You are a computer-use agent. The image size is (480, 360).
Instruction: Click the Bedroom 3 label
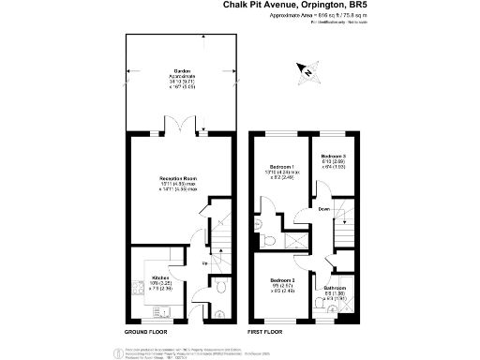point(334,157)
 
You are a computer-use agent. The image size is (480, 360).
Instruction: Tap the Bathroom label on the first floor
point(336,287)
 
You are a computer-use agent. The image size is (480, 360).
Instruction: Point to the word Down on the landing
point(322,209)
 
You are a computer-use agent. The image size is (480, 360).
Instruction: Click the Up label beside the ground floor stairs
point(205,263)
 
